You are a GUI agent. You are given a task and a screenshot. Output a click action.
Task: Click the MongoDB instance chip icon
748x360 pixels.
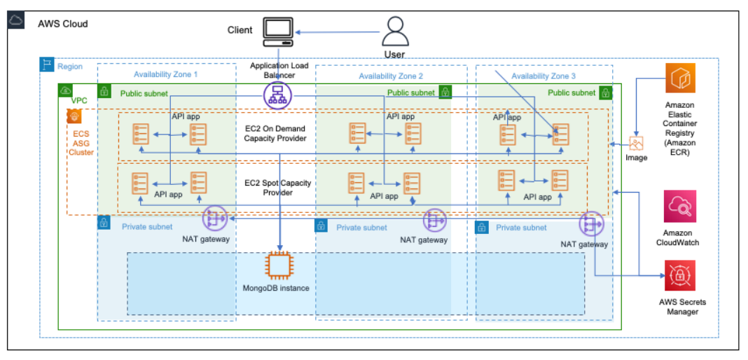[x=279, y=265]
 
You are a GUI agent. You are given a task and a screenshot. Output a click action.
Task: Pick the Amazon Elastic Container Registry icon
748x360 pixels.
[x=679, y=78]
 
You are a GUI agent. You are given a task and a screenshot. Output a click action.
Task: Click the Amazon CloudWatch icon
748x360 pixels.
[x=679, y=207]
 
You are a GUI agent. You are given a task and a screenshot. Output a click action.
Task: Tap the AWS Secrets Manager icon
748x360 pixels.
[x=679, y=275]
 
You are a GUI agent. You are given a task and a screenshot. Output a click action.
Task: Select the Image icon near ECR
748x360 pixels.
[x=636, y=144]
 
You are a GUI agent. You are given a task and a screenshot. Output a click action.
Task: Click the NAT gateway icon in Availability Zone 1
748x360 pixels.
[x=216, y=219]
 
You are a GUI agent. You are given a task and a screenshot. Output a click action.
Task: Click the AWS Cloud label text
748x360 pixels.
[x=63, y=24]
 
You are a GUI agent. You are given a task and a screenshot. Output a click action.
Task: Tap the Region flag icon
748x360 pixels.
[x=47, y=66]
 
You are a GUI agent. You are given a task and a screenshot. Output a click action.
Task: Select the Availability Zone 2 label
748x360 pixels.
[x=391, y=76]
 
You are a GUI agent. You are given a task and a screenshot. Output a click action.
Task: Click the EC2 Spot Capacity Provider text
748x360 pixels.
[x=278, y=188]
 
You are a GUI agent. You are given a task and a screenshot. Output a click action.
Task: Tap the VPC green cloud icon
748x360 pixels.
[x=66, y=90]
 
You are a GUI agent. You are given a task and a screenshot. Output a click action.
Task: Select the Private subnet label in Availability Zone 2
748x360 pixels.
[x=361, y=227]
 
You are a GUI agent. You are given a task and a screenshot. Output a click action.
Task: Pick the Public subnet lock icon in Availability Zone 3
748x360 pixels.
[x=605, y=92]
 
